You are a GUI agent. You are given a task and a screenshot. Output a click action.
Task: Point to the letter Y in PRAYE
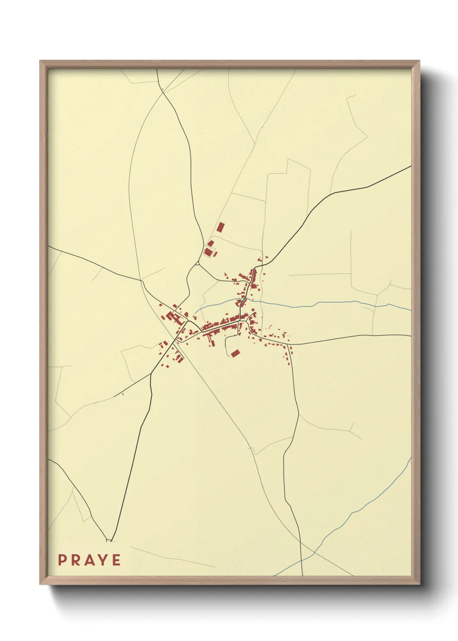(x=103, y=560)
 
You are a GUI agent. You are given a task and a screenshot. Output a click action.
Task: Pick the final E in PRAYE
(x=116, y=560)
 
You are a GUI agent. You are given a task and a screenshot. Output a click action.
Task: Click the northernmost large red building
(x=221, y=227)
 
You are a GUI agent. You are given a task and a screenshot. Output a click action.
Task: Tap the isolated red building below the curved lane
(x=235, y=353)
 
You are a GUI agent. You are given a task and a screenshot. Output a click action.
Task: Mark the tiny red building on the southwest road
(x=123, y=394)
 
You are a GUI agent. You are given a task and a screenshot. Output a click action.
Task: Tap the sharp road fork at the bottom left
(x=109, y=540)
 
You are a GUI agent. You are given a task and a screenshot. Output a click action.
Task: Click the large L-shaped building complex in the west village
(x=172, y=318)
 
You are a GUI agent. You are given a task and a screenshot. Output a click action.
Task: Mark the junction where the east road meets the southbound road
(x=289, y=345)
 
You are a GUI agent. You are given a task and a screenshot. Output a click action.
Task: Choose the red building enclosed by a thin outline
(x=209, y=252)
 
